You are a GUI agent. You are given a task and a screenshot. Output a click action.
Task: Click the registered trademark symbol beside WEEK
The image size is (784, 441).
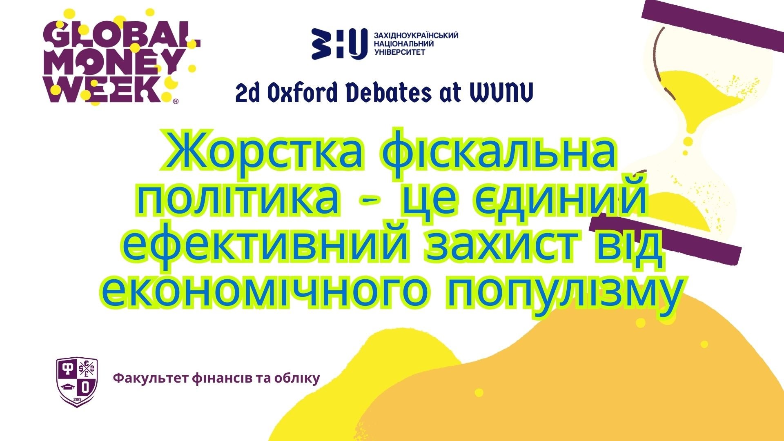[x=176, y=101]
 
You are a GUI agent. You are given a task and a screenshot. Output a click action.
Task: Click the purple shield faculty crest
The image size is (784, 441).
[x=77, y=382]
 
